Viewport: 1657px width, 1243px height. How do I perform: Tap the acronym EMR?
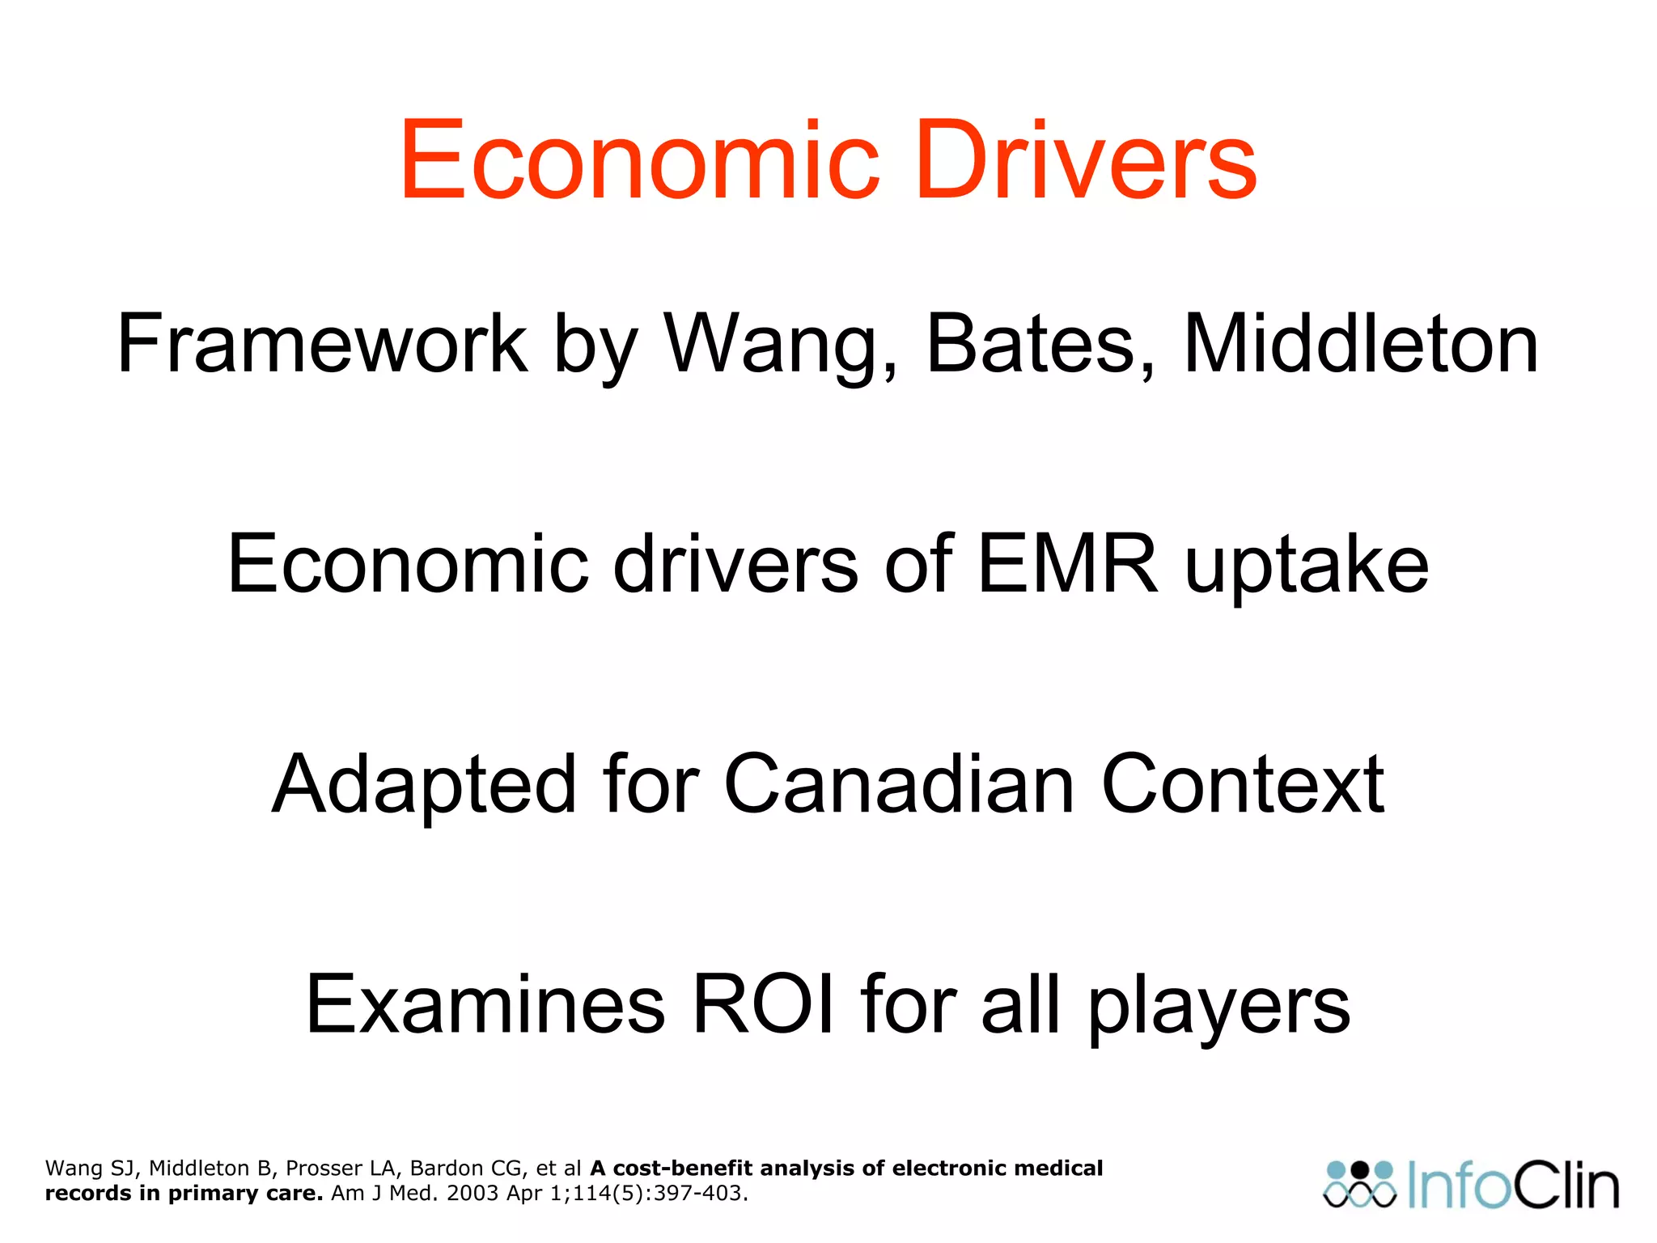[1068, 564]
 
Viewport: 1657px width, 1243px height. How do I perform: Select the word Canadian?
[899, 784]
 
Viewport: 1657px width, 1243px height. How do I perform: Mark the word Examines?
[485, 1004]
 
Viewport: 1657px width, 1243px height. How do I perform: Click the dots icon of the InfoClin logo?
[1360, 1185]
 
